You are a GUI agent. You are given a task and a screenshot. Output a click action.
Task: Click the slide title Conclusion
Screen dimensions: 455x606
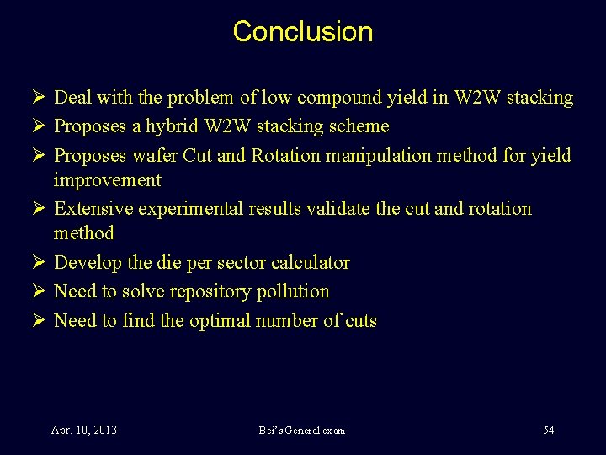pyautogui.click(x=302, y=31)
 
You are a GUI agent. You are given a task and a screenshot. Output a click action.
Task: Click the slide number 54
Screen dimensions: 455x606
pyautogui.click(x=549, y=431)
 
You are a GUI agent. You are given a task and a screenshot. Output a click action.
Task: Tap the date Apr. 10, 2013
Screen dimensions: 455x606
pyautogui.click(x=84, y=431)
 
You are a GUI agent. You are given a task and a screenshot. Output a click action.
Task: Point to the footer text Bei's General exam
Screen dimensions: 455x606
pyautogui.click(x=302, y=431)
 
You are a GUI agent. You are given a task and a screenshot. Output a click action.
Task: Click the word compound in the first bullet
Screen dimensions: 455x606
pyautogui.click(x=332, y=98)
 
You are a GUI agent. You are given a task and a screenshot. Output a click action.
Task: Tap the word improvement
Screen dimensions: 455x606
pyautogui.click(x=107, y=180)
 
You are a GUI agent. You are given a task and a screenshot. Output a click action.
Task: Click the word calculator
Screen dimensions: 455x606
pyautogui.click(x=311, y=263)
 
